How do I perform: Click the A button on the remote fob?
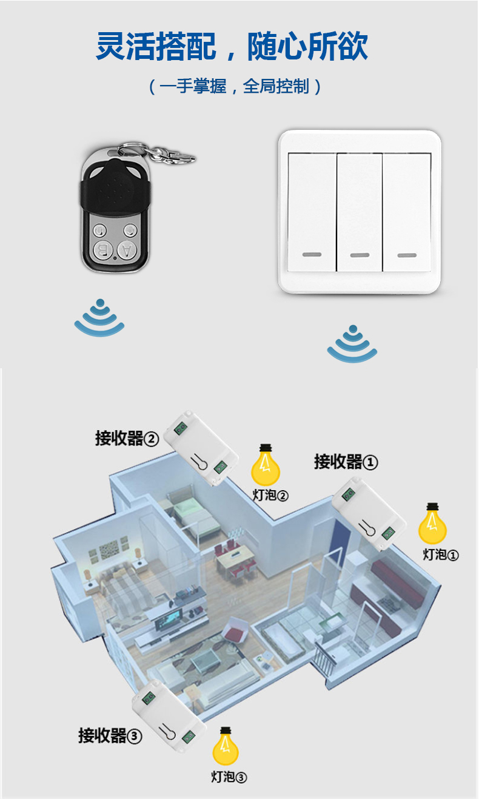point(126,249)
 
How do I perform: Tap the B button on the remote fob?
point(102,249)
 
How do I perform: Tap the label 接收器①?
point(346,462)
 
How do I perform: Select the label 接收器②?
point(127,437)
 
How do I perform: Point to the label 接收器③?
point(110,735)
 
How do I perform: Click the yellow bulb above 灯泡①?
point(432,525)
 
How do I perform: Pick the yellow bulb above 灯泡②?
point(266,466)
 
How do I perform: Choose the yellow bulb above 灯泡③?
point(226,747)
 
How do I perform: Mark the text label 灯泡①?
point(441,554)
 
